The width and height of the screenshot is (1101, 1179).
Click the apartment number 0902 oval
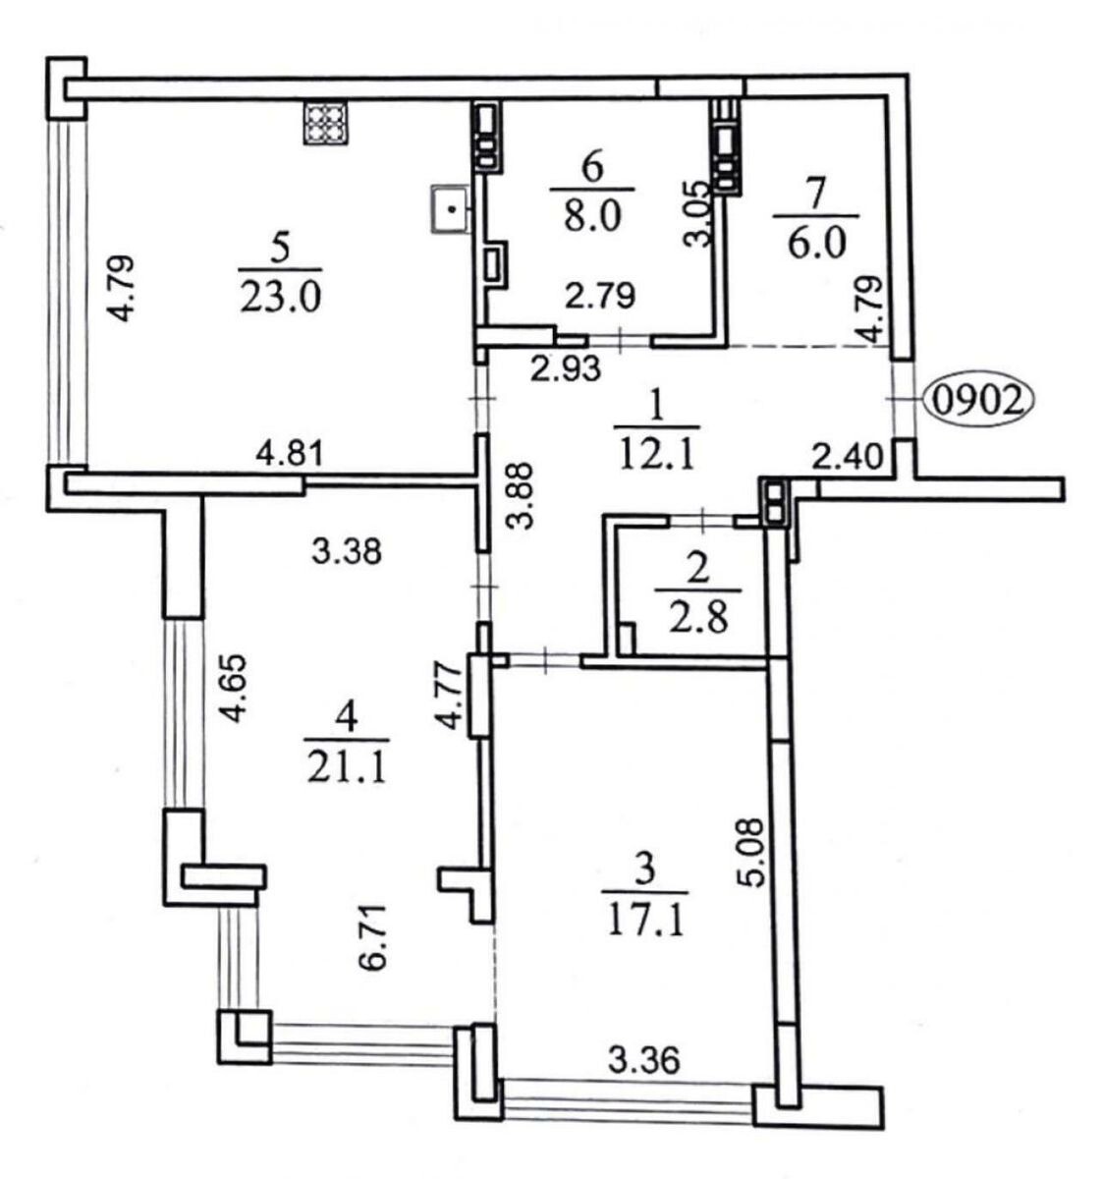pyautogui.click(x=979, y=402)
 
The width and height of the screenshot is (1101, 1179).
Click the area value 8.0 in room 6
pyautogui.click(x=592, y=216)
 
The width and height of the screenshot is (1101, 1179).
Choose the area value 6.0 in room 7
pyautogui.click(x=816, y=243)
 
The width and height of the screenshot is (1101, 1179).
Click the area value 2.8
pyautogui.click(x=698, y=620)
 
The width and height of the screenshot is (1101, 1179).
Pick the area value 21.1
pyautogui.click(x=348, y=770)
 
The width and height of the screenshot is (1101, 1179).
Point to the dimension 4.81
pyautogui.click(x=291, y=455)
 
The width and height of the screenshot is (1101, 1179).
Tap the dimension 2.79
pyautogui.click(x=600, y=296)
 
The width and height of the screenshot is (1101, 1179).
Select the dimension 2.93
pyautogui.click(x=566, y=368)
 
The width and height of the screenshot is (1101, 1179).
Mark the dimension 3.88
pyautogui.click(x=523, y=496)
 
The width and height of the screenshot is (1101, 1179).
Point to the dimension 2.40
pyautogui.click(x=851, y=458)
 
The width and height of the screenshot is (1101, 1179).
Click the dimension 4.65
pyautogui.click(x=235, y=689)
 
